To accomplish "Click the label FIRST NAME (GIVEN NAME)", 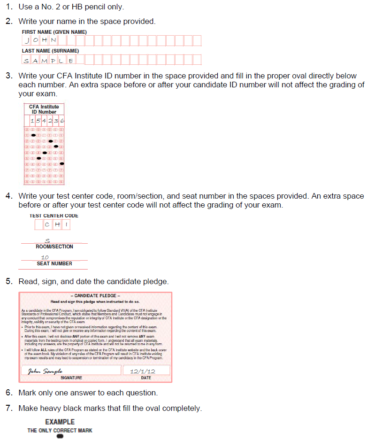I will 54,31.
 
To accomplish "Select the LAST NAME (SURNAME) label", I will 50,51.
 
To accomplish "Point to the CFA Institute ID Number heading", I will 44,109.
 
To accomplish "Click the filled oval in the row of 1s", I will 33,135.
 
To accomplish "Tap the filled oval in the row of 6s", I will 61,164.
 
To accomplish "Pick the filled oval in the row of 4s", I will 45,153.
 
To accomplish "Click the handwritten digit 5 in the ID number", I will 38,122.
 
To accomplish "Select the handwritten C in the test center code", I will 47,225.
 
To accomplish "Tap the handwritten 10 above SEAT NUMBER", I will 45,257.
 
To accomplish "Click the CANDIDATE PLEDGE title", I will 95,296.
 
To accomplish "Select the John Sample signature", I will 46,371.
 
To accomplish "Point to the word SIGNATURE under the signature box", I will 71,378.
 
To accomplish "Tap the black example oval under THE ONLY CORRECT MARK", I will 60,436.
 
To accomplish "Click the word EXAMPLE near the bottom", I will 60,422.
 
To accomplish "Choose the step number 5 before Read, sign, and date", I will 8,281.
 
